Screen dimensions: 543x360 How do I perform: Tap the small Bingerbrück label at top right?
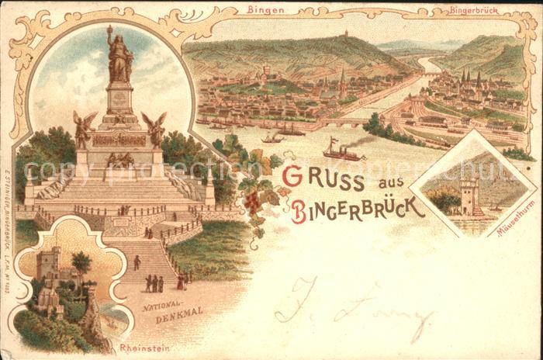(x=473, y=12)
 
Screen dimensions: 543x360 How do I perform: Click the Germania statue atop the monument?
(x=119, y=56)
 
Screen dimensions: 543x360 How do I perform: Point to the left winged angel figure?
(x=82, y=128)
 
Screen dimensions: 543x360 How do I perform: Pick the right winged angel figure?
(x=155, y=128)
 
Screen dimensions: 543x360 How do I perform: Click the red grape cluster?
(x=253, y=202)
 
